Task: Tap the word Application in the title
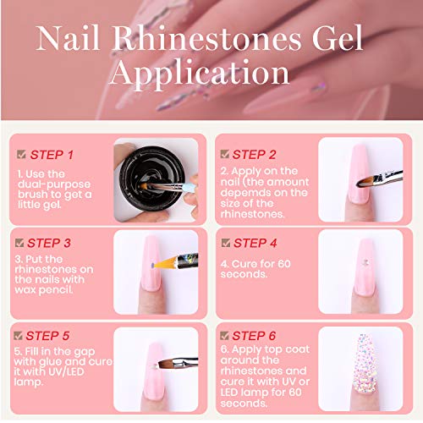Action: (x=211, y=75)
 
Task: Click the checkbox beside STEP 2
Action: (x=224, y=154)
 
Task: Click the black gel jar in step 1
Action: (x=149, y=173)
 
